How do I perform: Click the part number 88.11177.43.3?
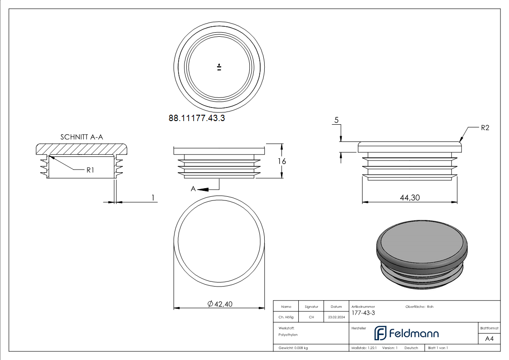pos(197,118)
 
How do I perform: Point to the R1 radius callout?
pos(90,170)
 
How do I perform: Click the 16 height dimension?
pos(282,161)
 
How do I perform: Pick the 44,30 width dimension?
pos(409,198)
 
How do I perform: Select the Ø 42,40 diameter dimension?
pos(220,304)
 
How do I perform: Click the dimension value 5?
pos(336,120)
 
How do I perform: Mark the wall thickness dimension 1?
pos(153,197)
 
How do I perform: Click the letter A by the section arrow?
pos(194,189)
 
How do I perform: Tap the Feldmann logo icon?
pos(380,333)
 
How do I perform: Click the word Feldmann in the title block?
pos(414,334)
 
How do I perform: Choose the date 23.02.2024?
pos(336,317)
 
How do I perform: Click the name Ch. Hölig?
pos(286,317)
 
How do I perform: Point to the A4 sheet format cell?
pos(489,339)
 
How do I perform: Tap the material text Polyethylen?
pos(288,334)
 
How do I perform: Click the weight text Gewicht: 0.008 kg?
pos(293,348)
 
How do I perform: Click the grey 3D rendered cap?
pos(422,254)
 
